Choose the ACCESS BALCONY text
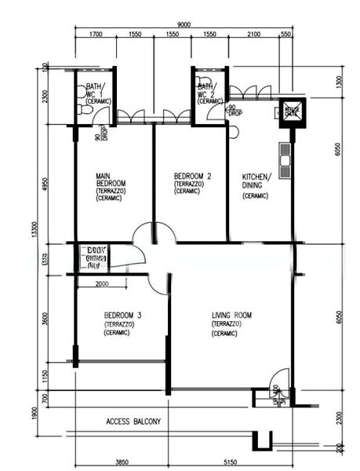click(x=133, y=422)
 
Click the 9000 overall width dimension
click(x=184, y=25)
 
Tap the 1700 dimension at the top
click(x=96, y=35)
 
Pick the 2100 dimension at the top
click(x=253, y=35)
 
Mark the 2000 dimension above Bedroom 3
click(x=102, y=284)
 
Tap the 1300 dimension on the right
click(x=338, y=82)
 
